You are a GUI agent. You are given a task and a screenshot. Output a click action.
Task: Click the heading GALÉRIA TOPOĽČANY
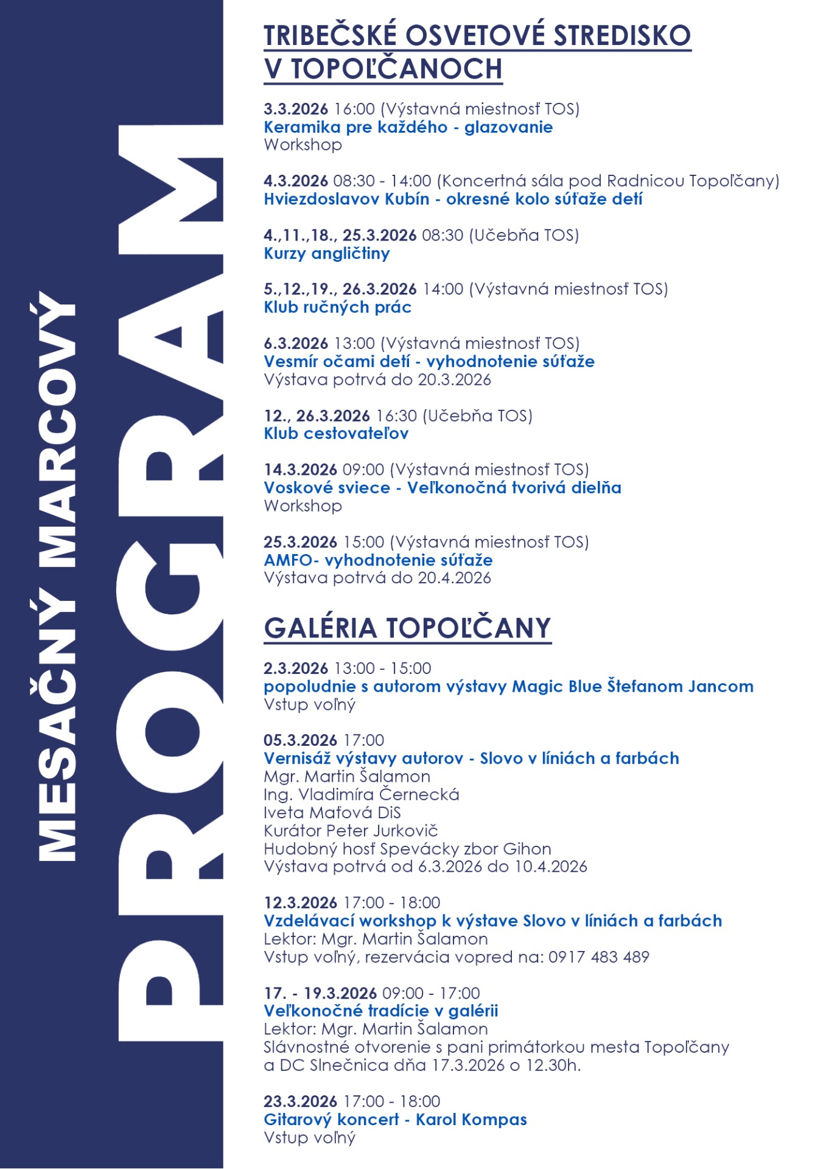point(407,628)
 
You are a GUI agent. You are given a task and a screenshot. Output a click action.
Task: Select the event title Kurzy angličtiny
point(327,253)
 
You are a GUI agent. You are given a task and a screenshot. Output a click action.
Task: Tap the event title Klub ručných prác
point(337,307)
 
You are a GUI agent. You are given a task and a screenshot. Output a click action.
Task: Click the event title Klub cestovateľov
point(336,434)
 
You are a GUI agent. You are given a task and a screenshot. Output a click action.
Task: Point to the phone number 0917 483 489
point(599,957)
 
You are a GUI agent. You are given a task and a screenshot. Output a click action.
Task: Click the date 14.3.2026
point(300,469)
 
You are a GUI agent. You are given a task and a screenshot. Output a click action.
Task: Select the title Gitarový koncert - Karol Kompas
point(395,1120)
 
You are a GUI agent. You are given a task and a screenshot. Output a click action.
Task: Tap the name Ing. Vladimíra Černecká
point(362,795)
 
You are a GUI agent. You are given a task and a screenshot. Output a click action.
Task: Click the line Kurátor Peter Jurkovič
point(351,830)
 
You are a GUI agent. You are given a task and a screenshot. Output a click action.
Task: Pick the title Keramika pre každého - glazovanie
point(408,127)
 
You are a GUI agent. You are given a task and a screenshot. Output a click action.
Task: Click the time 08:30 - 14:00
point(382,181)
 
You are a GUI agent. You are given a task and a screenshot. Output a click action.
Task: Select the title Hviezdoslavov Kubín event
point(453,199)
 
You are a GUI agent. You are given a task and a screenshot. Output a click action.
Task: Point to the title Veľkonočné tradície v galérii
point(380,1011)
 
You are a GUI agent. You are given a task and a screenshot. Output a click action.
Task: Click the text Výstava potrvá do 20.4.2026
point(377,578)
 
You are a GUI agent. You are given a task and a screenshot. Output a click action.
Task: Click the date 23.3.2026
point(300,1101)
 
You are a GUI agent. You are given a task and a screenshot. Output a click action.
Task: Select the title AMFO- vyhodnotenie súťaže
point(378,560)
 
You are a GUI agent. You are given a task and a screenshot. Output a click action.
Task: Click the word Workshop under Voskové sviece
point(303,506)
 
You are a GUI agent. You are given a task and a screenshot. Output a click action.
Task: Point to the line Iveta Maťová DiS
point(332,813)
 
